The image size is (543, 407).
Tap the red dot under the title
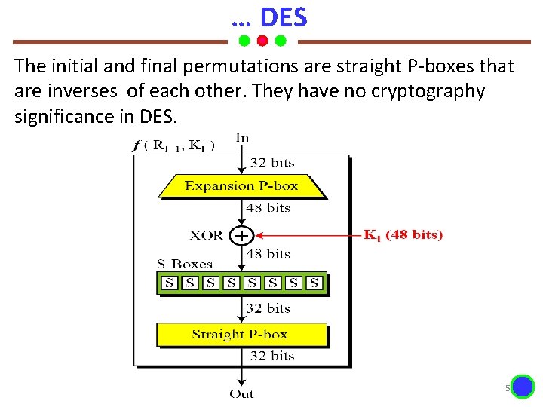[262, 40]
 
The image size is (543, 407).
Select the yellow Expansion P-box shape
[241, 186]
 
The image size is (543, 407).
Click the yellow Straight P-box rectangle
[241, 335]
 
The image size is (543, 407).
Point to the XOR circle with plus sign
[241, 236]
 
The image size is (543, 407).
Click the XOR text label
[206, 235]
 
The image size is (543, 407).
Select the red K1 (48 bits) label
[404, 235]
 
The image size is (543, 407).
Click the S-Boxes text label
[185, 265]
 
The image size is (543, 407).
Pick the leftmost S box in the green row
[170, 283]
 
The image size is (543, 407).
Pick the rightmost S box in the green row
[314, 283]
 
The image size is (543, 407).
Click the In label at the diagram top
[243, 138]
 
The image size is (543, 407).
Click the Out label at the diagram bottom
[242, 393]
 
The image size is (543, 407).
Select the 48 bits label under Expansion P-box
[268, 208]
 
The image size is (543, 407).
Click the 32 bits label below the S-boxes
[268, 308]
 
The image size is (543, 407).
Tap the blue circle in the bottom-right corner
[522, 387]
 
